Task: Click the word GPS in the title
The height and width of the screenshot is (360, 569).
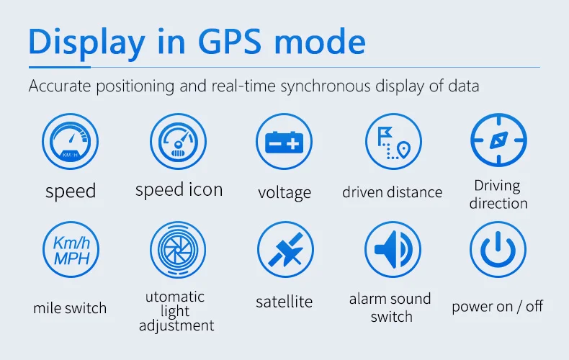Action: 230,42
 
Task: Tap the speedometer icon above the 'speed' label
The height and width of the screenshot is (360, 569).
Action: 70,141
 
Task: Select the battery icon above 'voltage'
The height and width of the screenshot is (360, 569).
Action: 284,141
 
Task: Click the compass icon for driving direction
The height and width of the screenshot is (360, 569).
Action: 498,140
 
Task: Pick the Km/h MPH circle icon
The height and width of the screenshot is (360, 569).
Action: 71,250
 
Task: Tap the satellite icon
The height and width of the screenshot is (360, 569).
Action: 285,250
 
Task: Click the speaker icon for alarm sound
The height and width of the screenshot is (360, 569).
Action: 393,250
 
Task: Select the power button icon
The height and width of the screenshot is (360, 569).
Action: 498,250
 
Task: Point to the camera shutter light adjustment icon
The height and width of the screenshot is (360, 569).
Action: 178,250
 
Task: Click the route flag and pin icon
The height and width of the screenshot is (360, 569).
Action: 393,141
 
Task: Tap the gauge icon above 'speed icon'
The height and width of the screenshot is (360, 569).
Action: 178,141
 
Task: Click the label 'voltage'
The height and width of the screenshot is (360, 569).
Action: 284,193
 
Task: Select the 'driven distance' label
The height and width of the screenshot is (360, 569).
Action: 393,192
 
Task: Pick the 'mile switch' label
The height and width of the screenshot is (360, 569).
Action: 70,308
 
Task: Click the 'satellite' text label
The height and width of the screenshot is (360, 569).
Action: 284,302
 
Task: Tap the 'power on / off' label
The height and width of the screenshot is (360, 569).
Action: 497,307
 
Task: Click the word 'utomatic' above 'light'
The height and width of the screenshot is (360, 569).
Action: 175,297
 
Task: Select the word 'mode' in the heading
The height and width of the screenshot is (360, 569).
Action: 320,42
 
